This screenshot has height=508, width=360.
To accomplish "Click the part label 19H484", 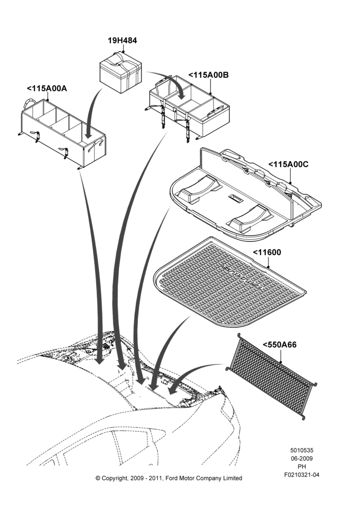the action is coord(122,41).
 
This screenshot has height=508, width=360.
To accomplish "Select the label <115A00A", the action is coord(47,88).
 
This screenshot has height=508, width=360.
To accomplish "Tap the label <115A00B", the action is coord(208,75).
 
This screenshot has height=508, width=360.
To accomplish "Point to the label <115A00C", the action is coord(288,164).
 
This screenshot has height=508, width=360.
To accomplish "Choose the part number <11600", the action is coord(267,252).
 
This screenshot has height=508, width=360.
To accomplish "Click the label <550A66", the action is coord(280,345).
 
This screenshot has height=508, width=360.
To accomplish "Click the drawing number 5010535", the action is coord(302,450).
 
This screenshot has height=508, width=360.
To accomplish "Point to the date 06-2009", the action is coord(302,458).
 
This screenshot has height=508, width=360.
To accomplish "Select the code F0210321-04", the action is coord(302,475).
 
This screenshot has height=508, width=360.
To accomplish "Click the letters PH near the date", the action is coord(302,467).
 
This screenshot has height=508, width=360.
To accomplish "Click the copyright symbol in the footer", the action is coord(98,478).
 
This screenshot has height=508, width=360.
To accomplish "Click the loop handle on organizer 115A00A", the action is coord(28,104).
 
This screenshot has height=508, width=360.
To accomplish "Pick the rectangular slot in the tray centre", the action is coord(236,198).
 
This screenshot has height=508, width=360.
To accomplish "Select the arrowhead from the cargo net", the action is coord(172,390).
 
